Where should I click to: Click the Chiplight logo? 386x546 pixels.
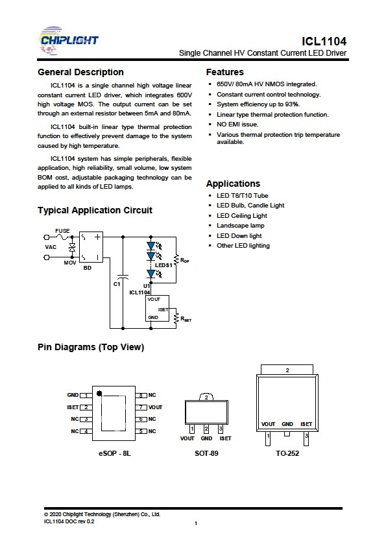coord(69,41)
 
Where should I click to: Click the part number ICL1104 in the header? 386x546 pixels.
coord(324,42)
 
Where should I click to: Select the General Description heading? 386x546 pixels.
coord(80,72)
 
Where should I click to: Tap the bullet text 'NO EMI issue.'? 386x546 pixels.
coord(237,125)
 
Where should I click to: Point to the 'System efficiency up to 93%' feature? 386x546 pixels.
coord(258,104)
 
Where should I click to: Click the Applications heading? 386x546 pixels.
coord(233,184)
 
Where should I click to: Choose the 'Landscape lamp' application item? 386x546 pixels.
coord(241,226)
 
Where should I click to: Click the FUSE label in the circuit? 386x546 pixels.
coord(62,231)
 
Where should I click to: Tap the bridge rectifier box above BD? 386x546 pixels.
coord(91,247)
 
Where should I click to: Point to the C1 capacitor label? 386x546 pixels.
coord(117,284)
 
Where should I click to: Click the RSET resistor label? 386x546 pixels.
coord(186,318)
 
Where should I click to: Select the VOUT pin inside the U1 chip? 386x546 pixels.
coord(154,299)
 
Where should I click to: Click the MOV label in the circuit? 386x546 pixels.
coord(69,263)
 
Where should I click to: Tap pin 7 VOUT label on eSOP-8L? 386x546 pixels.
coord(155,407)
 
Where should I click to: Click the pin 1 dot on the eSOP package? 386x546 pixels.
coord(99,394)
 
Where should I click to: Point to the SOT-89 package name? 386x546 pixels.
coord(206,453)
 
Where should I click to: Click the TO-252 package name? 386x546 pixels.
coord(287,453)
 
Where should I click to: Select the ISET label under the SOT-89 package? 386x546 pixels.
coord(225,438)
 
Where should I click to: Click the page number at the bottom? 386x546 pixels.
coord(196,523)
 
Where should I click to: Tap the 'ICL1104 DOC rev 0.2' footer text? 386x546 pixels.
coord(69,521)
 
